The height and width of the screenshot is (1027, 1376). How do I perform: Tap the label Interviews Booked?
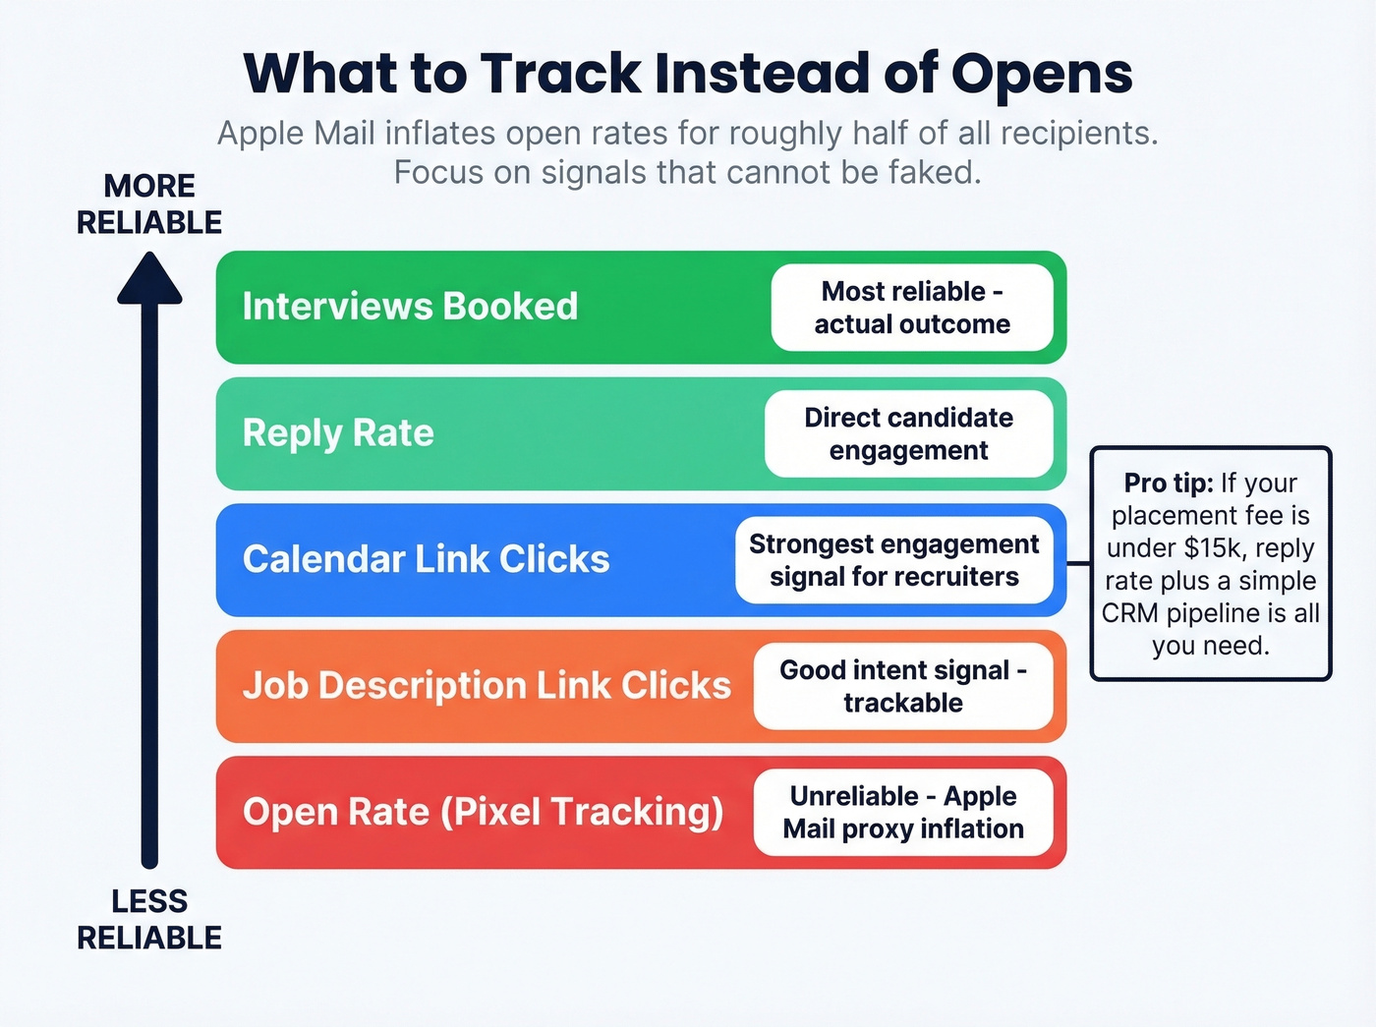pyautogui.click(x=410, y=307)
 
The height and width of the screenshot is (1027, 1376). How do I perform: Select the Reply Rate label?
pyautogui.click(x=338, y=433)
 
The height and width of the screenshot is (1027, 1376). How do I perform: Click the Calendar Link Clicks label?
pyautogui.click(x=426, y=559)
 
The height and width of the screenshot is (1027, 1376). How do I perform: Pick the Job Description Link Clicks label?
pyautogui.click(x=487, y=685)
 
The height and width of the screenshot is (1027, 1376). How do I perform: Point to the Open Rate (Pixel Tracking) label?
pyautogui.click(x=483, y=812)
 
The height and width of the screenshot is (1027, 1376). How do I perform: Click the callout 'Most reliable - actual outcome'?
pyautogui.click(x=912, y=308)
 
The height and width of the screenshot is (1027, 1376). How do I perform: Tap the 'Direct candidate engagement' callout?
pyautogui.click(x=908, y=433)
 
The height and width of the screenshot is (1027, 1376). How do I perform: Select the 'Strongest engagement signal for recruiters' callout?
pyautogui.click(x=893, y=560)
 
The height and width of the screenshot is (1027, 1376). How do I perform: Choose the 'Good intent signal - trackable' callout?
pyautogui.click(x=903, y=686)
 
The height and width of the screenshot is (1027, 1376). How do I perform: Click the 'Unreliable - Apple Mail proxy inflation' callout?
pyautogui.click(x=903, y=812)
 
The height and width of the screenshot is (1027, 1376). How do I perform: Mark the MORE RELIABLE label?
pyautogui.click(x=149, y=204)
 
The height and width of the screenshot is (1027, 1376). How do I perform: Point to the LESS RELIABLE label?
pyautogui.click(x=149, y=919)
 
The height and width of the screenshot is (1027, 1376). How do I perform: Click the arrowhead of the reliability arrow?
pyautogui.click(x=149, y=278)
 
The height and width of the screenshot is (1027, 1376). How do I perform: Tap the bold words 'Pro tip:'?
pyautogui.click(x=1168, y=484)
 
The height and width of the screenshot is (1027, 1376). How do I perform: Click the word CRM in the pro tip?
pyautogui.click(x=1130, y=613)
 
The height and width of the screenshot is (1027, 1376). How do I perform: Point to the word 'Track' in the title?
pyautogui.click(x=560, y=75)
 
